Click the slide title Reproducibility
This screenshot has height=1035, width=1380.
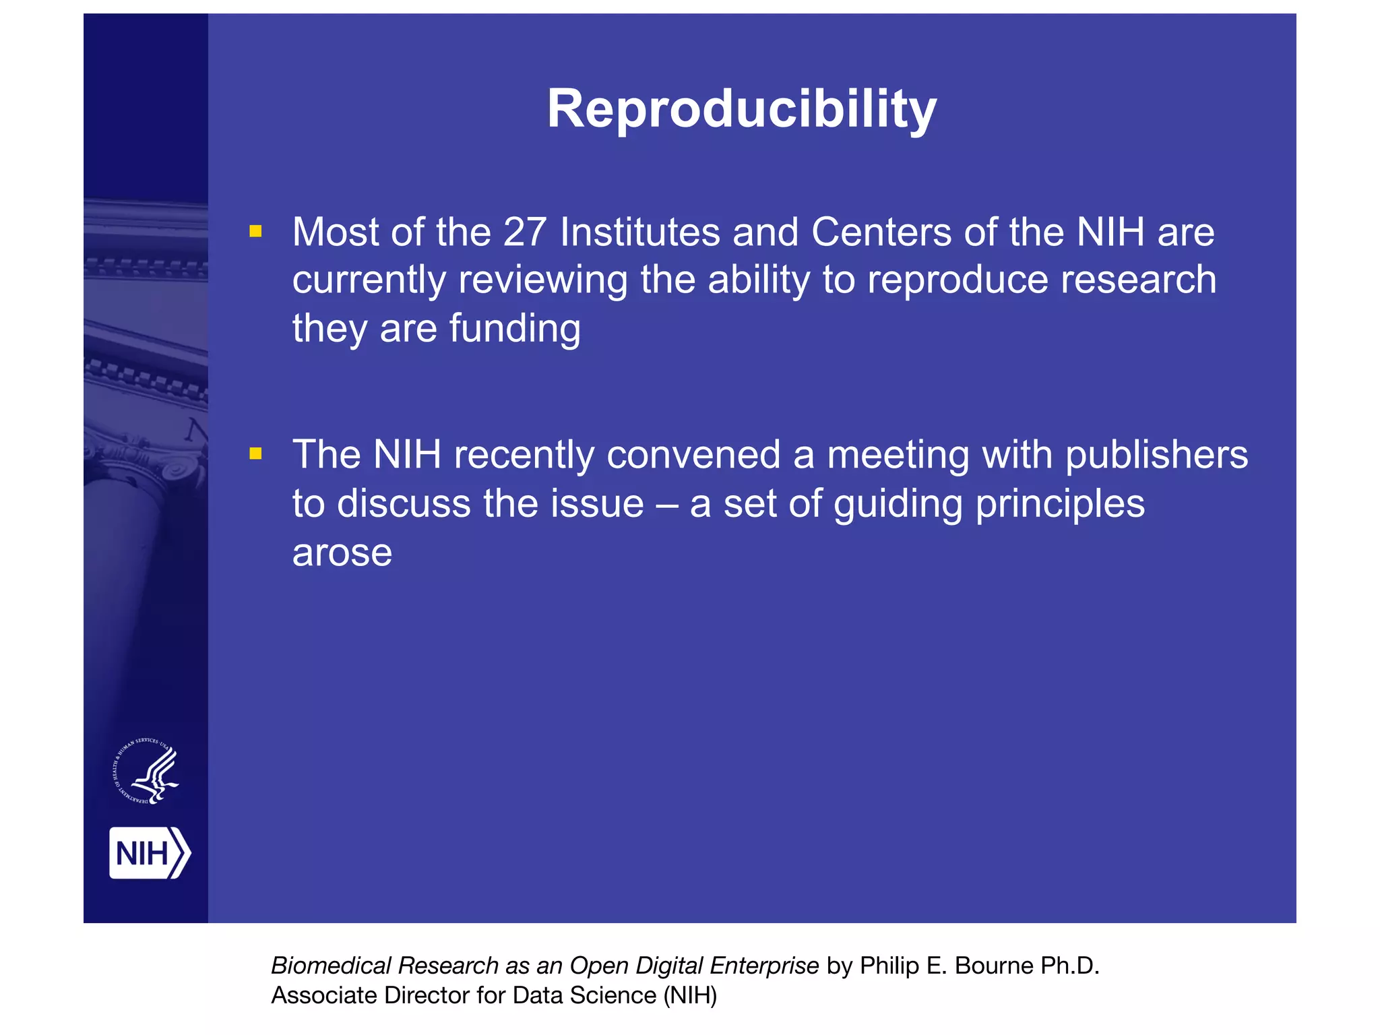[x=741, y=109]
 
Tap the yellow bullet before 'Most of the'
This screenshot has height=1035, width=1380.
[x=255, y=232]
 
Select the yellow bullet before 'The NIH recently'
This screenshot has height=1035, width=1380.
[x=255, y=453]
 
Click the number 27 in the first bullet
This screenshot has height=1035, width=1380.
[x=524, y=232]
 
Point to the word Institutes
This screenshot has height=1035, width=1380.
[x=640, y=232]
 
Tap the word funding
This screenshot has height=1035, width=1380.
[x=514, y=329]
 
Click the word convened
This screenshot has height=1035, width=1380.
[x=693, y=455]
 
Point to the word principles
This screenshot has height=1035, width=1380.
[x=1059, y=505]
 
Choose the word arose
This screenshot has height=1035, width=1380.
[x=342, y=553]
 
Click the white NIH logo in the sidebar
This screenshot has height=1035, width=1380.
[x=150, y=853]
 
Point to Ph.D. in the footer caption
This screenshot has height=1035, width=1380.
[x=1070, y=966]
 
